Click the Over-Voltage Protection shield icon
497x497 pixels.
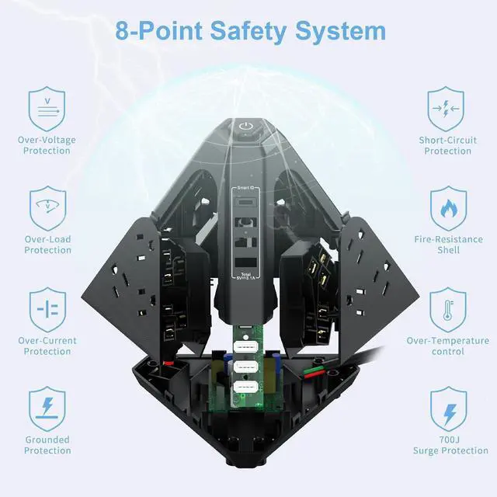click(x=47, y=109)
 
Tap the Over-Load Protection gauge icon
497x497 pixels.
click(x=47, y=208)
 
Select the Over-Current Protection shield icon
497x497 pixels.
click(x=47, y=308)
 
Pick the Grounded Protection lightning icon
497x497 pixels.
click(x=47, y=408)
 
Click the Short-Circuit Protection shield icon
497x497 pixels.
click(x=447, y=109)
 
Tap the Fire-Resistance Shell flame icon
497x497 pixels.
click(x=447, y=208)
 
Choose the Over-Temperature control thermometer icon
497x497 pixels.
click(x=447, y=308)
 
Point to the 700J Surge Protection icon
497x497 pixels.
click(x=447, y=408)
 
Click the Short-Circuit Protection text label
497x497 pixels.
click(x=447, y=145)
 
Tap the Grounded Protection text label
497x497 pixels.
click(x=47, y=445)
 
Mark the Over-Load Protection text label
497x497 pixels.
click(x=47, y=245)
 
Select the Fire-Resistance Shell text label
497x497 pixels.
click(x=447, y=245)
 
